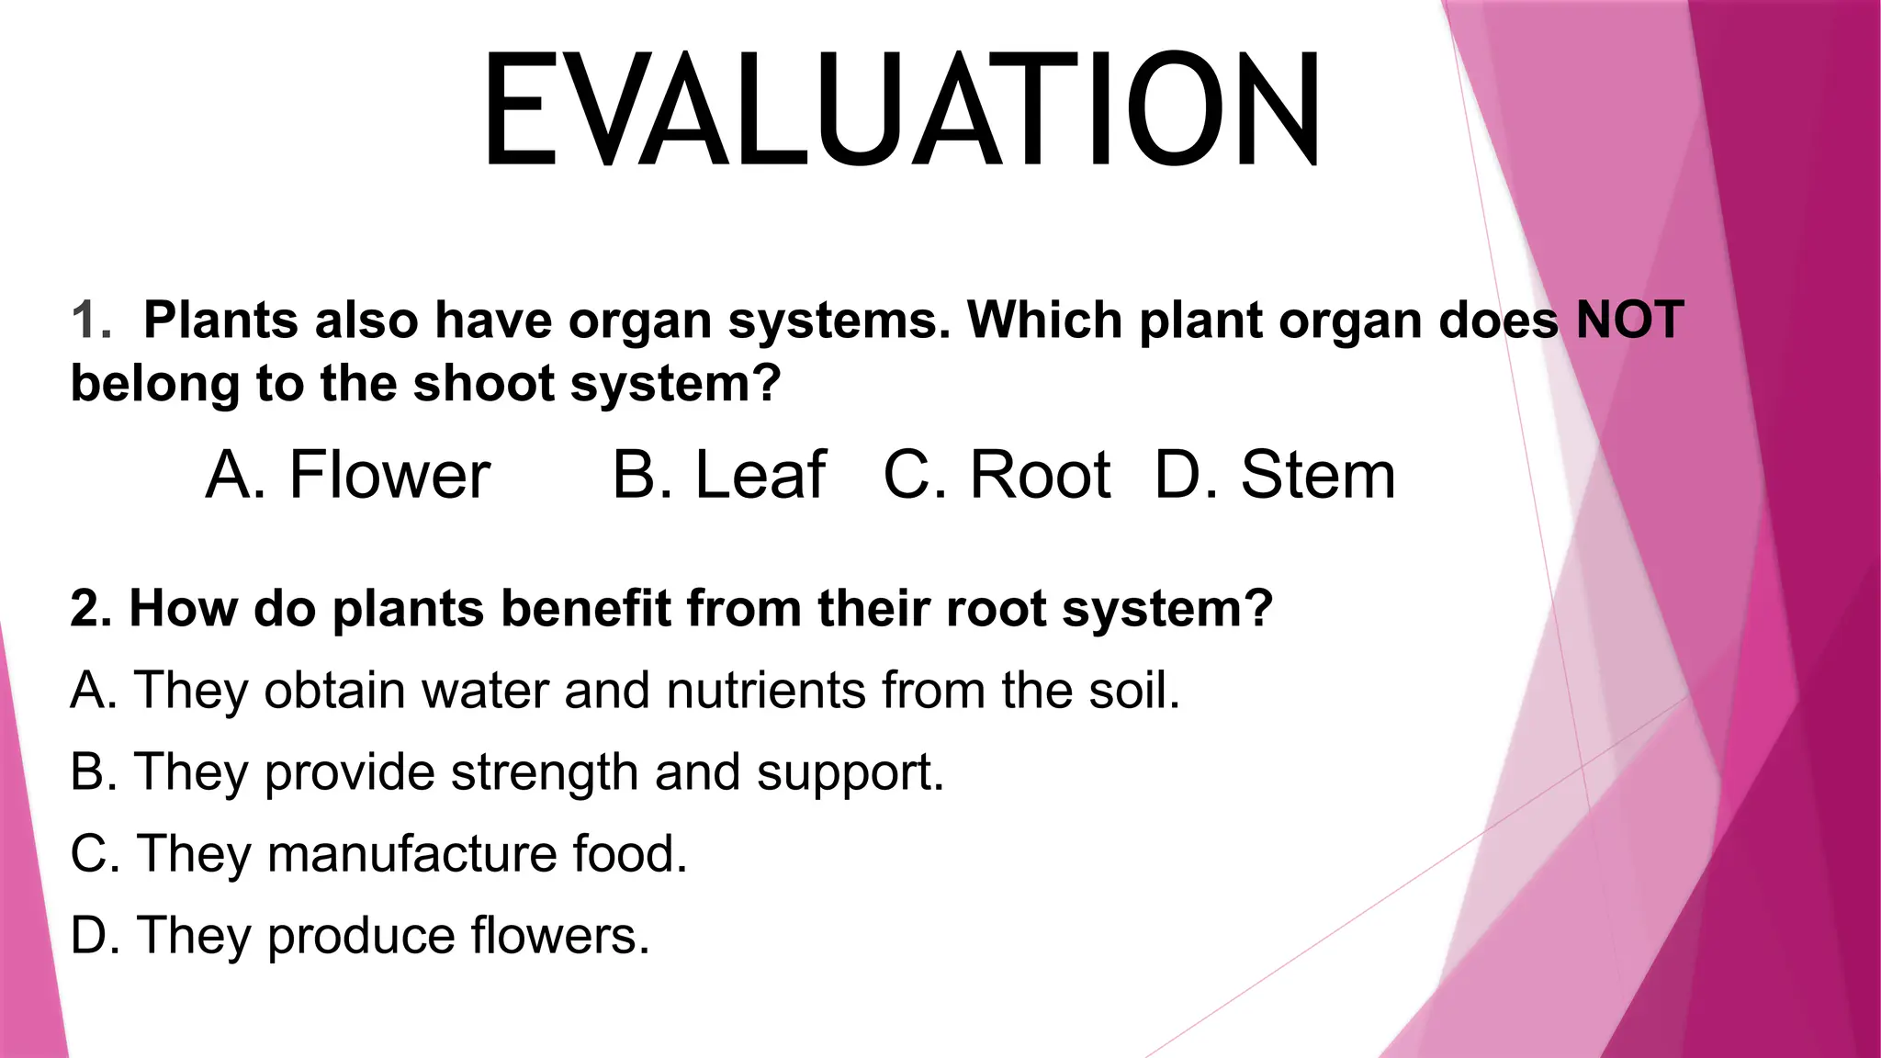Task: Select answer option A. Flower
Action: (348, 475)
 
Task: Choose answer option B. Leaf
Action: (719, 475)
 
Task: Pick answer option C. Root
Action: (997, 475)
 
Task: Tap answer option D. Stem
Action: (1275, 475)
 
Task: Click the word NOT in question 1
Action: (1629, 320)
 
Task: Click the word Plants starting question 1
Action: (221, 320)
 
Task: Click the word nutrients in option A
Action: (766, 690)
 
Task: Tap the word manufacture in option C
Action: (411, 853)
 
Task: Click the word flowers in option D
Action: (560, 935)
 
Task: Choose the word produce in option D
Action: (361, 937)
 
